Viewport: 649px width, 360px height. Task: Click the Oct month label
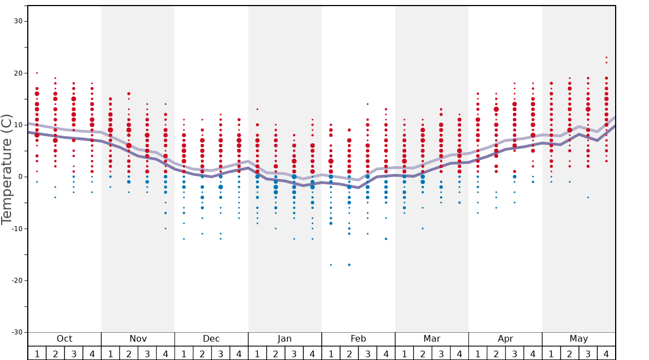64,339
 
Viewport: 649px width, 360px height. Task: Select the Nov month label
138,339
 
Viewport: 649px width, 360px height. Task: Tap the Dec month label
211,339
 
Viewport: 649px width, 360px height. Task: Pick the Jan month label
284,339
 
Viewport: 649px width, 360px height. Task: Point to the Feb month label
358,339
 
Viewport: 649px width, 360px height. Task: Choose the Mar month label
432,339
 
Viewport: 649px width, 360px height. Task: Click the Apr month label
505,339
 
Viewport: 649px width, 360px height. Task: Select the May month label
578,339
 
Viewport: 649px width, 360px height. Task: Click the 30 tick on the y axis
17,21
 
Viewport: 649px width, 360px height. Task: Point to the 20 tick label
17,73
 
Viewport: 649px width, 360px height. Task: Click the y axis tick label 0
19,177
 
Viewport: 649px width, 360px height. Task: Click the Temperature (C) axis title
7,169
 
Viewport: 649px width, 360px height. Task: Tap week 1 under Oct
37,353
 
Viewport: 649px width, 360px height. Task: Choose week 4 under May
606,353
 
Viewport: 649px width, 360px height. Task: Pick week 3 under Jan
294,353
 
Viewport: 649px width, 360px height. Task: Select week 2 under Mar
422,353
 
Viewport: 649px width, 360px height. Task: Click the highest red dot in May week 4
606,57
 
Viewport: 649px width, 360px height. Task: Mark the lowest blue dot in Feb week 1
331,265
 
